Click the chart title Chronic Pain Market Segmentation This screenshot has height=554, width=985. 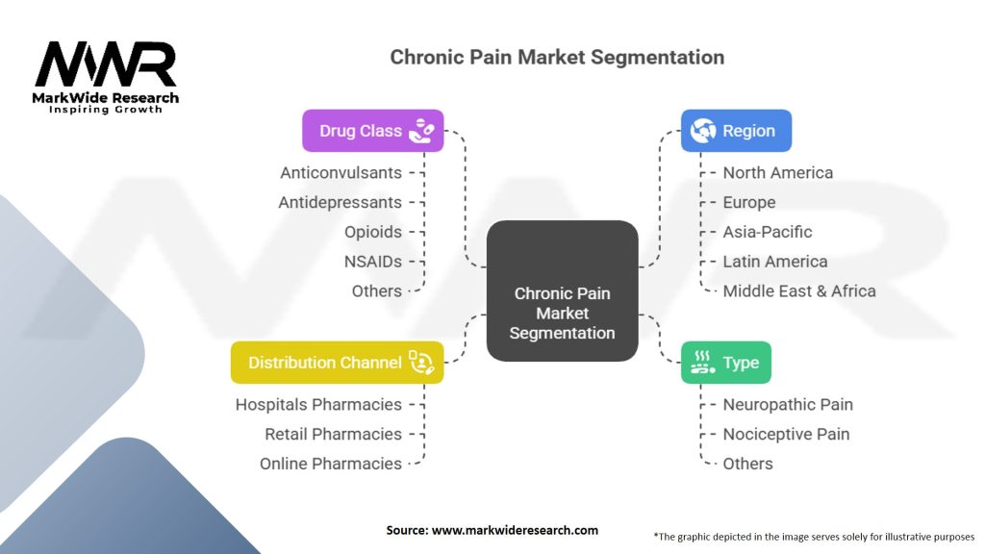click(x=557, y=57)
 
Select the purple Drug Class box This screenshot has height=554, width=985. click(x=373, y=131)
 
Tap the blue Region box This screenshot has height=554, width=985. click(x=736, y=131)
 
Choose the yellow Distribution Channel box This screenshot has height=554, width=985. click(x=337, y=363)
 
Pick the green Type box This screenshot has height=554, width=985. click(x=725, y=363)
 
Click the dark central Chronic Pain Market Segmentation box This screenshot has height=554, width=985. click(x=563, y=291)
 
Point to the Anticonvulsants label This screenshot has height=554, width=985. click(x=341, y=173)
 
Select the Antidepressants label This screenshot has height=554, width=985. click(x=341, y=203)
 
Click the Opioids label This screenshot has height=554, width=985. click(x=373, y=232)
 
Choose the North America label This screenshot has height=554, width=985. click(x=778, y=173)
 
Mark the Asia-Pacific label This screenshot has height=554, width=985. click(x=768, y=232)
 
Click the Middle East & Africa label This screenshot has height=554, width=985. click(x=799, y=290)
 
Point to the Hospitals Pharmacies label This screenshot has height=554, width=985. click(x=318, y=405)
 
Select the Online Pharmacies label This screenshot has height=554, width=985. click(x=331, y=464)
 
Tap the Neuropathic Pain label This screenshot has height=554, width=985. click(x=788, y=405)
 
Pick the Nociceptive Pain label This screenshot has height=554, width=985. click(x=786, y=434)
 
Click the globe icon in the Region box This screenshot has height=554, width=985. click(x=703, y=131)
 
